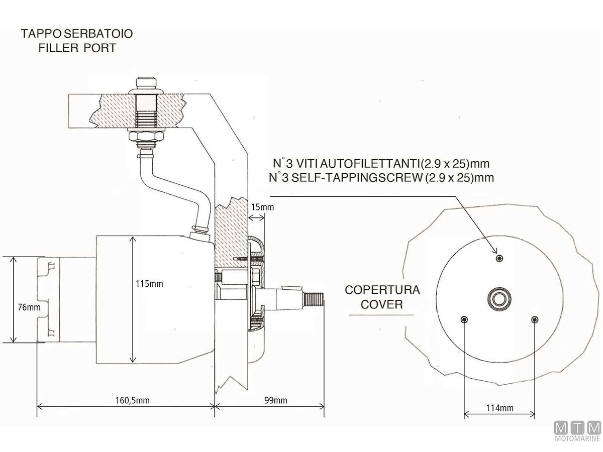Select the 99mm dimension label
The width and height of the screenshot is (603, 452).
[275, 400]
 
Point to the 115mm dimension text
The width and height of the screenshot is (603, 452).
[149, 284]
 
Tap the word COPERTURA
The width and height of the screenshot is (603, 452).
[382, 290]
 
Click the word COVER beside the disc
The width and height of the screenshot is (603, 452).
[382, 304]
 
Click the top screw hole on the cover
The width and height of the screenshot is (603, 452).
[499, 258]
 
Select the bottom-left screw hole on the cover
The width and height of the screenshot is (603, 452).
[464, 320]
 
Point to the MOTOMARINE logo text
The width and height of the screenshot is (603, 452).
[577, 440]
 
